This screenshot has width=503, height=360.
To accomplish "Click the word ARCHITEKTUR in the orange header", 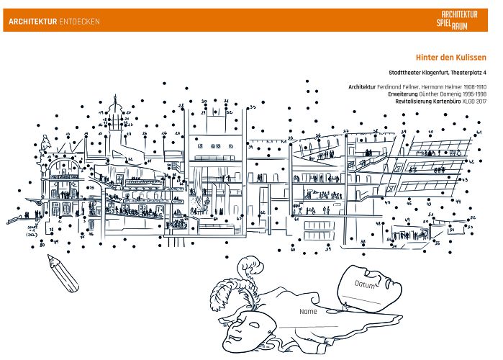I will tap(29, 22).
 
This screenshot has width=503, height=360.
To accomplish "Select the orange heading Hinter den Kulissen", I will tap(451, 58).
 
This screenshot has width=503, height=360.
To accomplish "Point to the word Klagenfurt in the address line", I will tap(431, 73).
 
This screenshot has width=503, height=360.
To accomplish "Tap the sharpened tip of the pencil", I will tap(50, 258).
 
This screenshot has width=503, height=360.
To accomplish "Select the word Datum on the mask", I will tap(366, 284).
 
